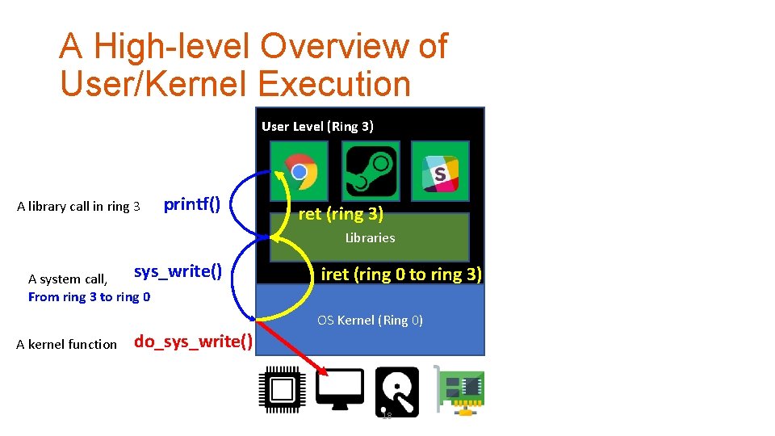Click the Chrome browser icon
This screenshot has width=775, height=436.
299,170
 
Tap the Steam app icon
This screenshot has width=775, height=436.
371,171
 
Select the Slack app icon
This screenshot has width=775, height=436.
440,171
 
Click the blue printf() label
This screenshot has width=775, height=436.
192,204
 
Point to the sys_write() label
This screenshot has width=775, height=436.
178,271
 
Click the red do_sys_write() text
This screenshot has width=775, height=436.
194,342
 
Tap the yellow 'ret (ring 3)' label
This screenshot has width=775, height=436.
341,214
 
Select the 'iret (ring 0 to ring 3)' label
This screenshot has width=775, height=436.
401,275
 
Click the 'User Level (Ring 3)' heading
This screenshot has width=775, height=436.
317,126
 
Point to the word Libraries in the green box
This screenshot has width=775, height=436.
370,237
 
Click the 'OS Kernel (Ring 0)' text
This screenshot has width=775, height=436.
370,320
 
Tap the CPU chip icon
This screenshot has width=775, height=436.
283,391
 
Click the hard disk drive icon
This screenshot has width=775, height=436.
397,391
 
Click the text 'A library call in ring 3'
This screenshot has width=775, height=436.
78,207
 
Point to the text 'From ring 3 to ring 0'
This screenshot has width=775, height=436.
89,297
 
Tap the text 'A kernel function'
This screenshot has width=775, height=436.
66,345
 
